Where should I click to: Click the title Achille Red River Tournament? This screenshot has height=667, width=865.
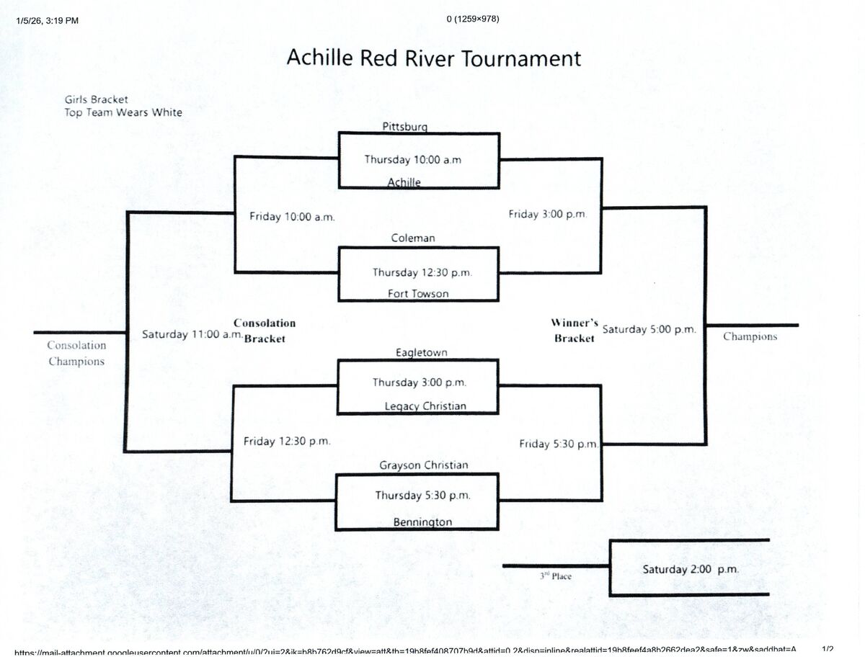click(x=433, y=58)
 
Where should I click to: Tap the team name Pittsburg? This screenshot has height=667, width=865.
click(x=404, y=127)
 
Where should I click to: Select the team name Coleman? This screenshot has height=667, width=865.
click(x=413, y=238)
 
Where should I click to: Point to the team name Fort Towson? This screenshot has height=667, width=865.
click(x=418, y=293)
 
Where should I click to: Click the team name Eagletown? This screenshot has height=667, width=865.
click(x=421, y=352)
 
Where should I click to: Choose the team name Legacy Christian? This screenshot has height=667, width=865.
click(x=425, y=406)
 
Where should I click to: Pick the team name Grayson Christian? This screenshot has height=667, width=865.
click(x=424, y=465)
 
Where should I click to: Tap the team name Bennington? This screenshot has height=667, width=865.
click(x=422, y=521)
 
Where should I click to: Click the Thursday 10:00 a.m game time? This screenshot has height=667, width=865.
click(x=412, y=159)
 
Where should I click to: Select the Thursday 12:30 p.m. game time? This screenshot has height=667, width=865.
click(x=422, y=272)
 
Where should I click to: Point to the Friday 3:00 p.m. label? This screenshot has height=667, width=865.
click(x=548, y=214)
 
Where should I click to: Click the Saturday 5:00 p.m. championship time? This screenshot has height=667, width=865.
click(x=649, y=329)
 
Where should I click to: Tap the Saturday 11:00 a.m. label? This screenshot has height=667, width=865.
click(x=192, y=334)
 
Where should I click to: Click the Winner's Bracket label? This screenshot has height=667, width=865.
click(x=575, y=331)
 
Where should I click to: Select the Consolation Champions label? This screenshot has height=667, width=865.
click(x=76, y=354)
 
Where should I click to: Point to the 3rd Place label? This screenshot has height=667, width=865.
click(x=556, y=576)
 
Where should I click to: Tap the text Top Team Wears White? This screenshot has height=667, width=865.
click(x=123, y=112)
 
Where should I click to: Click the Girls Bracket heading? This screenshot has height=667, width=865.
click(x=97, y=99)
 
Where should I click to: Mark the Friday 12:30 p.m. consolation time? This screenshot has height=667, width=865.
click(x=287, y=441)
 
